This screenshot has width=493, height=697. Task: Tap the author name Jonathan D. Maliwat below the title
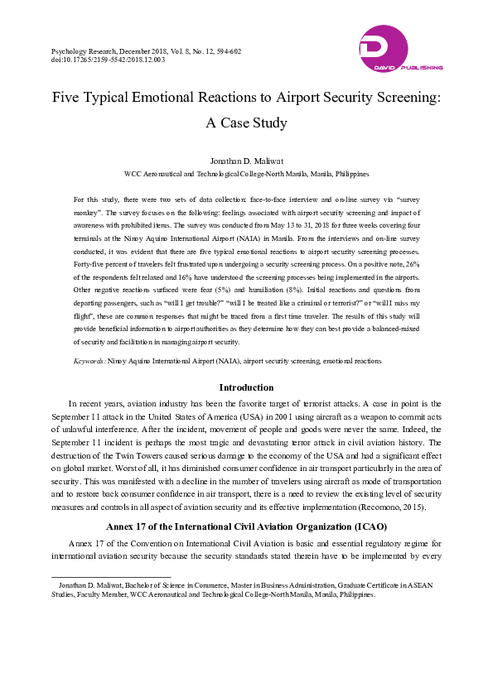click(246, 161)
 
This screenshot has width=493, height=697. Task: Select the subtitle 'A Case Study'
click(246, 123)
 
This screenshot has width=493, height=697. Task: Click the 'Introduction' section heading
click(246, 387)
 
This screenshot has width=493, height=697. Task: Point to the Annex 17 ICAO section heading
click(246, 526)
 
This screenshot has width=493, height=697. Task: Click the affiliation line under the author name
click(246, 175)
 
